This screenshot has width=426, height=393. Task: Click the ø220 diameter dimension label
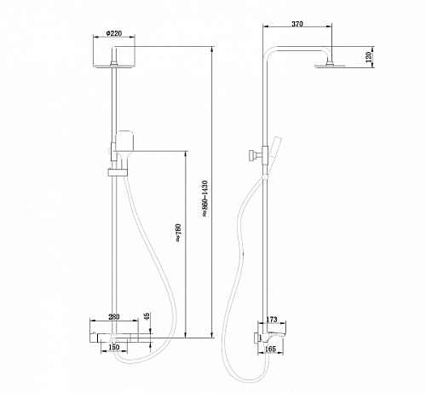[113, 33]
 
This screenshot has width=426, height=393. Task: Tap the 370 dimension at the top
[297, 24]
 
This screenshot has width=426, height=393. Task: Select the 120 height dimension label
[369, 57]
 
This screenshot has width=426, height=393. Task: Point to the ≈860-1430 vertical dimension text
[205, 199]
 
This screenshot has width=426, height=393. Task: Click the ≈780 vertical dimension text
[178, 233]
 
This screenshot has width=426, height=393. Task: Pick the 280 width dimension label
[114, 316]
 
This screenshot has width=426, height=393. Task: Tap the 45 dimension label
[147, 316]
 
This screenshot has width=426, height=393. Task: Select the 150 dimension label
[114, 347]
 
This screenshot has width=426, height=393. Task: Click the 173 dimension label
[272, 320]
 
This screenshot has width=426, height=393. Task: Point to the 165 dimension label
[270, 349]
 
